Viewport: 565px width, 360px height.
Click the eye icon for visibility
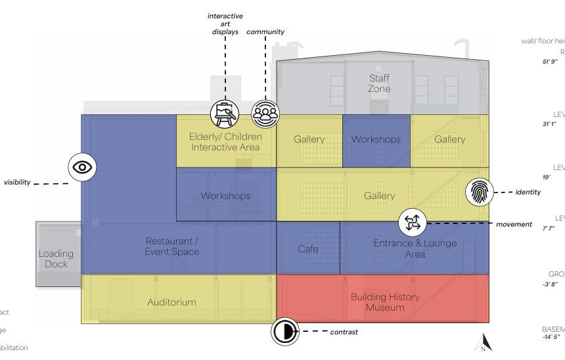[83, 168]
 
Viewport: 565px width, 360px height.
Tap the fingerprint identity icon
[478, 192]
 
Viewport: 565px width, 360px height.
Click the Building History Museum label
[384, 303]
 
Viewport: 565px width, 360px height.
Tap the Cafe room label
[307, 249]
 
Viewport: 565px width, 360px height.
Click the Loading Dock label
[56, 259]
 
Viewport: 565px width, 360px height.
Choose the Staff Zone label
[379, 83]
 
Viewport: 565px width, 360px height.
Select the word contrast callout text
[344, 332]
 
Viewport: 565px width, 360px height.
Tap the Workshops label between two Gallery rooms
[376, 139]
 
